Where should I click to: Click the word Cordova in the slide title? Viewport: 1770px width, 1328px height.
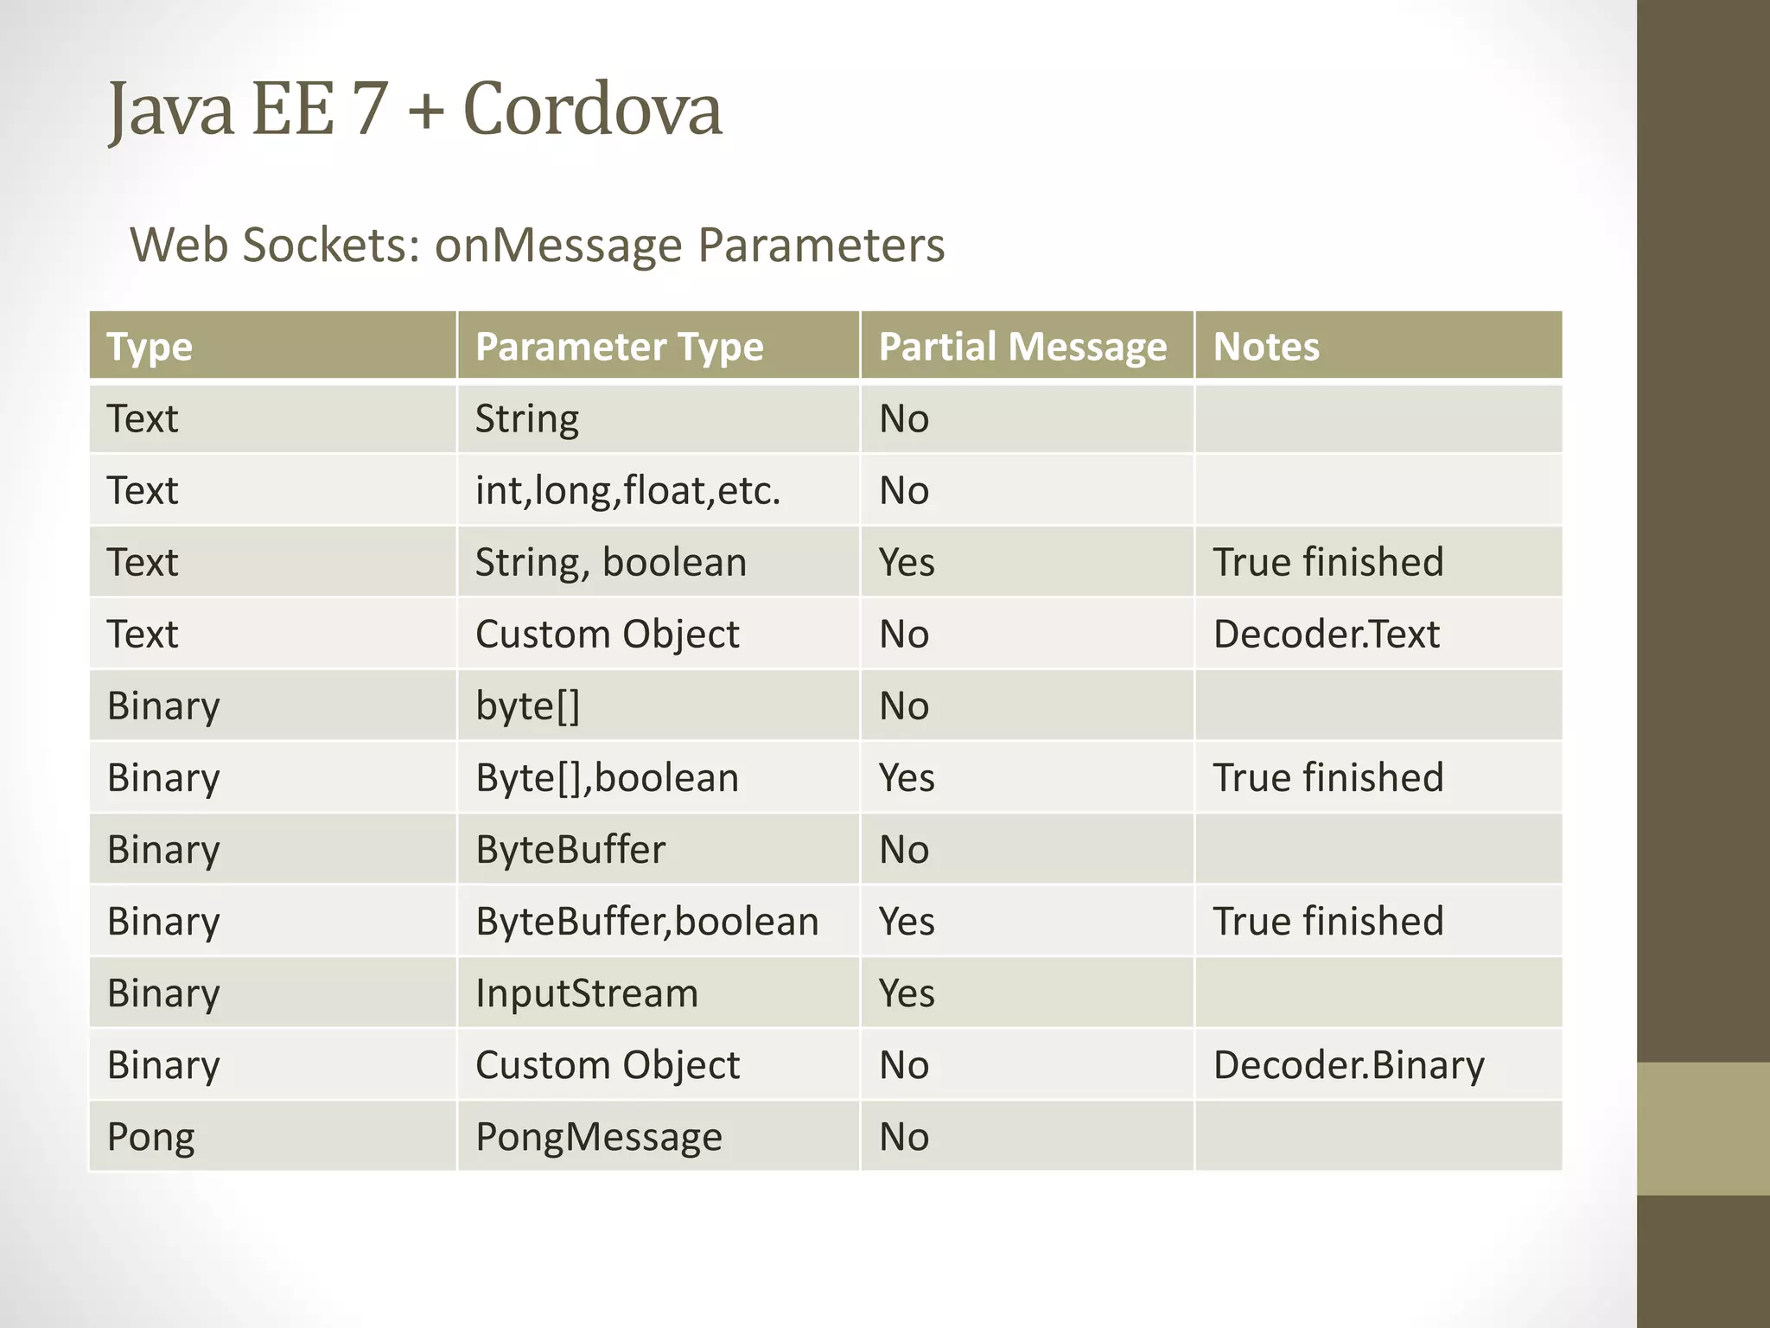click(592, 110)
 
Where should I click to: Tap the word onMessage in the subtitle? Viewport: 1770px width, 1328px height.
click(557, 245)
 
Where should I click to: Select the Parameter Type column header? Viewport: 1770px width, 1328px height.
click(619, 347)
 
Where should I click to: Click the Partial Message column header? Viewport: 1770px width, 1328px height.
click(1022, 347)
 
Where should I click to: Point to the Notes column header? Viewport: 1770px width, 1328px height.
click(1266, 347)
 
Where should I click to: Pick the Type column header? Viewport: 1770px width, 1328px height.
click(150, 347)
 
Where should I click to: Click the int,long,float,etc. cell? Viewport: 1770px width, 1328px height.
click(627, 490)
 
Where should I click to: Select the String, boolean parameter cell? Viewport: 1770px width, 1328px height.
click(610, 562)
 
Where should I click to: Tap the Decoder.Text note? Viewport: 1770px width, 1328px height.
click(1326, 634)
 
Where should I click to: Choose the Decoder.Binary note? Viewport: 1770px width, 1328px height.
click(1348, 1064)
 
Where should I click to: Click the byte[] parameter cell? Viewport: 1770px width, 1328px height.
click(527, 705)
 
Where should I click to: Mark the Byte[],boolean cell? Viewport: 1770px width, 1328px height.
click(607, 777)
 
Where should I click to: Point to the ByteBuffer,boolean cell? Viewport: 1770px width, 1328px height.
click(646, 921)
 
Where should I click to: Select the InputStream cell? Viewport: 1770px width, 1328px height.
click(586, 993)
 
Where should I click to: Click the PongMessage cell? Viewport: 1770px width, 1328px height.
click(598, 1136)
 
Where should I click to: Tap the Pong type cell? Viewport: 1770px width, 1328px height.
click(150, 1136)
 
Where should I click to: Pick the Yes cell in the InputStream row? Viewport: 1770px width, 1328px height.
click(907, 993)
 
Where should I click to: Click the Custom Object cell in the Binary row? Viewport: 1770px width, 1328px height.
click(607, 1064)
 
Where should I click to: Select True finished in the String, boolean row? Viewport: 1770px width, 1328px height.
click(1327, 562)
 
